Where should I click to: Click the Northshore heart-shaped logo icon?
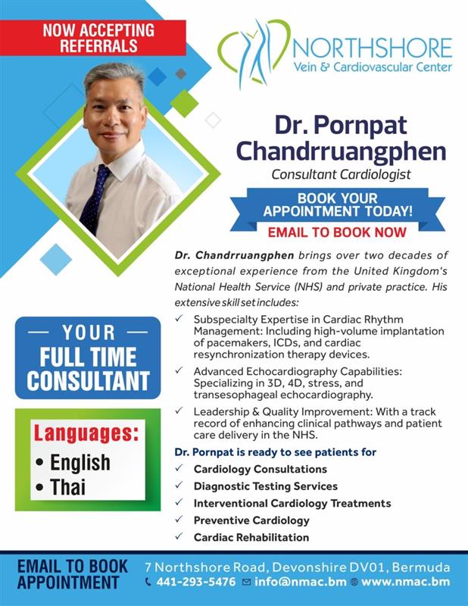(x=254, y=52)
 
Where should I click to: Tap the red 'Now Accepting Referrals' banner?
(x=92, y=38)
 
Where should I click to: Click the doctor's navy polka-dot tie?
(x=94, y=199)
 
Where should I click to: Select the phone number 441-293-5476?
(x=196, y=582)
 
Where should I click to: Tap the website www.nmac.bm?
(x=405, y=582)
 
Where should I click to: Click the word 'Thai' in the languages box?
(x=67, y=486)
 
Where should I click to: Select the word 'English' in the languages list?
(x=80, y=463)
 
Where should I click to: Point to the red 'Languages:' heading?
(x=86, y=433)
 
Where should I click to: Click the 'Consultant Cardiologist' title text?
(x=341, y=174)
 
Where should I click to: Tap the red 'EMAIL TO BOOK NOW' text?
(x=337, y=233)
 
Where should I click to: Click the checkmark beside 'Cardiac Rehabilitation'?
(x=179, y=536)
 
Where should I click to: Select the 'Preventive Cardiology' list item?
(x=251, y=520)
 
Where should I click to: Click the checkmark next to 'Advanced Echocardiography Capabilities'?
(x=179, y=370)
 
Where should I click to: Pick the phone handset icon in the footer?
(x=148, y=582)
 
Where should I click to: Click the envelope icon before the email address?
(x=246, y=582)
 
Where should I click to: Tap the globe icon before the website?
(x=354, y=582)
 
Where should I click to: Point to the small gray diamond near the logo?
(x=181, y=73)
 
